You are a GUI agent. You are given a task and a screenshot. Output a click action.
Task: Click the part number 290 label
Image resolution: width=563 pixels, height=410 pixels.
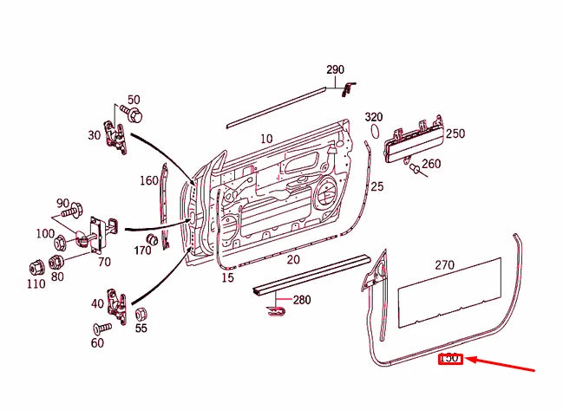tap(335, 69)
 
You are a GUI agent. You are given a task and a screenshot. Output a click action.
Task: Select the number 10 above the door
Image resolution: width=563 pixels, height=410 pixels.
tap(265, 139)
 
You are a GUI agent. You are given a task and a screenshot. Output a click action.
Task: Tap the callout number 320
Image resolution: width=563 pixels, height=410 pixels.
tap(373, 117)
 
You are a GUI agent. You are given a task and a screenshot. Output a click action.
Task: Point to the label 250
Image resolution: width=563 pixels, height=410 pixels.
tap(455, 133)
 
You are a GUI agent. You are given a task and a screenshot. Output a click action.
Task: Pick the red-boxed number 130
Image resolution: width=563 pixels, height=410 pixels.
tap(450, 358)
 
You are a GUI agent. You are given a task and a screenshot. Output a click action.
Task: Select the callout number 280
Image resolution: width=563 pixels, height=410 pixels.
tap(301, 301)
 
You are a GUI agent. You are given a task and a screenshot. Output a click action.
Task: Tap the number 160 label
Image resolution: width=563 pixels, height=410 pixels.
tap(149, 181)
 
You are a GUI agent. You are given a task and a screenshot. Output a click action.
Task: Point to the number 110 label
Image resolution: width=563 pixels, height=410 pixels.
tap(35, 284)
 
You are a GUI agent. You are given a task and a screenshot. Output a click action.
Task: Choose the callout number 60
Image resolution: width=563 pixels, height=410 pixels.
tap(96, 343)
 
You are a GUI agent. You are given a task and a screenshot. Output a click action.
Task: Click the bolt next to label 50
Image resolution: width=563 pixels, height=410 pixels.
tap(134, 114)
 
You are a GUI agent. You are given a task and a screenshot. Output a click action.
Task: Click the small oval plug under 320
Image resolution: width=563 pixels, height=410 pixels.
tap(376, 132)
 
